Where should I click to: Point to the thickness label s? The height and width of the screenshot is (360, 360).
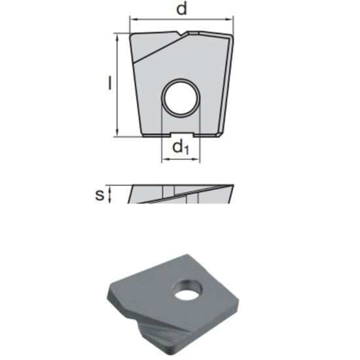(x=99, y=194)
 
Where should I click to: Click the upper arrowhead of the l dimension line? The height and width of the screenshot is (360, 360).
(x=118, y=37)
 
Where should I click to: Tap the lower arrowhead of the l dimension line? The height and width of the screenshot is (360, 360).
(x=118, y=134)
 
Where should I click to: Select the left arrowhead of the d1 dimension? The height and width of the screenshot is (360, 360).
(x=164, y=158)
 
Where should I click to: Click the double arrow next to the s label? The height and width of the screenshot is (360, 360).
(x=110, y=194)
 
